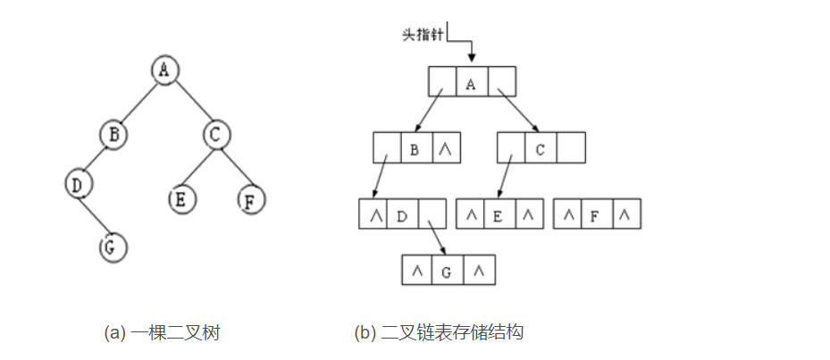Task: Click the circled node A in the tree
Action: click(162, 71)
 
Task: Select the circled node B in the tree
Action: click(113, 135)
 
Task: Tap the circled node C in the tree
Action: click(215, 135)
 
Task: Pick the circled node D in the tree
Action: click(79, 184)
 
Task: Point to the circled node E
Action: click(181, 198)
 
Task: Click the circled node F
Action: click(251, 199)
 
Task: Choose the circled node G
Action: click(112, 247)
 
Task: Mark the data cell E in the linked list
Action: click(499, 215)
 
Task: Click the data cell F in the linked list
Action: click(596, 215)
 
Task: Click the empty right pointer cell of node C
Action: click(570, 149)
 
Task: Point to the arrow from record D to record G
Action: click(435, 238)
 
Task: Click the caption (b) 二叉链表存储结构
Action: click(438, 333)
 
